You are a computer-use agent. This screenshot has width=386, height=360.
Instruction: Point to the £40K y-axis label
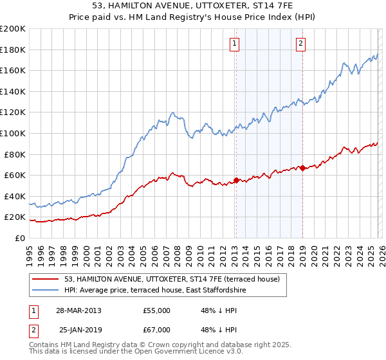coord(14,196)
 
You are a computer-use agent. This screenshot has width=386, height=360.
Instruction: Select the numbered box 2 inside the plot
coord(300,44)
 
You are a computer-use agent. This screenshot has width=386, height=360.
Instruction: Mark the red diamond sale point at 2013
coord(236,180)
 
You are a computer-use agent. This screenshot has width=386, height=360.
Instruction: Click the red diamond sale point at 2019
coord(302,168)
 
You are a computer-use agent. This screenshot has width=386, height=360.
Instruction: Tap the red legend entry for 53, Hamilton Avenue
coord(172,280)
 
